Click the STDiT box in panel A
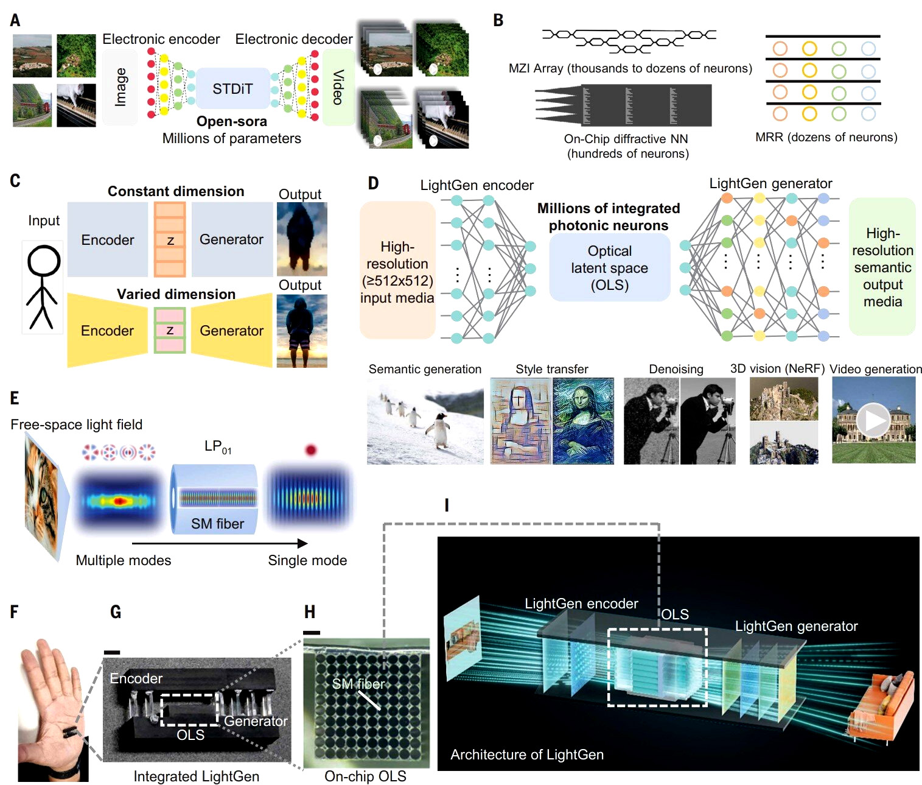pyautogui.click(x=232, y=89)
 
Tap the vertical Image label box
pyautogui.click(x=120, y=88)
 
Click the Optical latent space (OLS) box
pyautogui.click(x=609, y=268)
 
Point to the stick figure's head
pyautogui.click(x=44, y=261)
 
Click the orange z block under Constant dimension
pyautogui.click(x=170, y=239)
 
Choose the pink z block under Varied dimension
pyautogui.click(x=170, y=331)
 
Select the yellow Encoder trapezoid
pyautogui.click(x=107, y=331)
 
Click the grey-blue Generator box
pyautogui.click(x=231, y=239)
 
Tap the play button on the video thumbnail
pyautogui.click(x=873, y=420)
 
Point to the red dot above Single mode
pyautogui.click(x=311, y=450)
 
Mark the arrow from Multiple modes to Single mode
pyautogui.click(x=220, y=543)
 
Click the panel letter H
pyautogui.click(x=310, y=612)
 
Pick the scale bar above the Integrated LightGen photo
pyautogui.click(x=112, y=652)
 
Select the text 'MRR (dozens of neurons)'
pyautogui.click(x=826, y=137)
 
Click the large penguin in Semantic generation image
pyautogui.click(x=438, y=430)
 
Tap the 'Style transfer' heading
pyautogui.click(x=551, y=369)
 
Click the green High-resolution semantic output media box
pyautogui.click(x=882, y=267)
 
